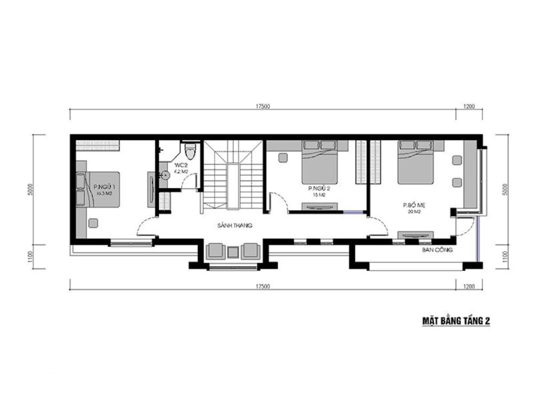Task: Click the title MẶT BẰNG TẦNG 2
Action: pyautogui.click(x=456, y=321)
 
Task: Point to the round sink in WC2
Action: pyautogui.click(x=165, y=174)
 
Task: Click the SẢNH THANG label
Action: pyautogui.click(x=234, y=226)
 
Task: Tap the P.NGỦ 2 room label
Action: pyautogui.click(x=317, y=189)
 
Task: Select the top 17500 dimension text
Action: pyautogui.click(x=263, y=107)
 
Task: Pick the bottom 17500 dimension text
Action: pyautogui.click(x=263, y=286)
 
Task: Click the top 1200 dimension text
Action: pyautogui.click(x=468, y=107)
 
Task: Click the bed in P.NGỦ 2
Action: pyautogui.click(x=320, y=163)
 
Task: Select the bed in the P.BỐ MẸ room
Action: pyautogui.click(x=415, y=163)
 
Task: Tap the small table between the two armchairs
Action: pyautogui.click(x=233, y=251)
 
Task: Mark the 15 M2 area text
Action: pyautogui.click(x=317, y=195)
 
